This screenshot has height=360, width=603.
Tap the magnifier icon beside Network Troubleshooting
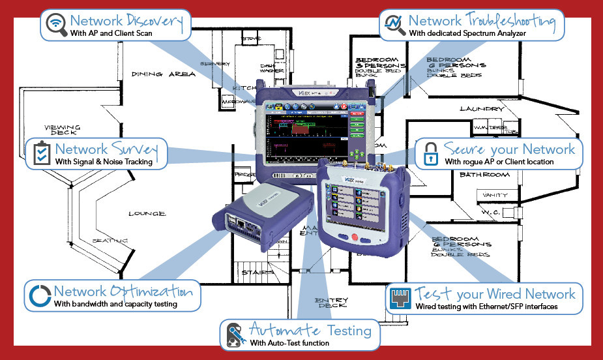click(394, 24)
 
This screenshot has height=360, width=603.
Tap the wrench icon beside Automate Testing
click(233, 334)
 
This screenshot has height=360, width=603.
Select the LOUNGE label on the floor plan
click(147, 213)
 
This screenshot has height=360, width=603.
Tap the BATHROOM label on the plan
click(484, 175)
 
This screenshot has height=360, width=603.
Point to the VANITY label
click(496, 194)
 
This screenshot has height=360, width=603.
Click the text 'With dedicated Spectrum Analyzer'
click(467, 33)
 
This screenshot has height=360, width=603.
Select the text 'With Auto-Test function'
click(289, 343)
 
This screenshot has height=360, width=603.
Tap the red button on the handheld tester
click(355, 236)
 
